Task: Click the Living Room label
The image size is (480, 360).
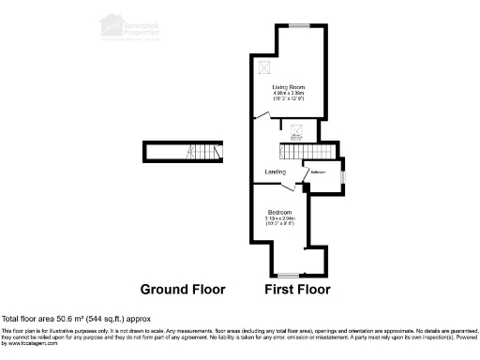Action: [289, 87]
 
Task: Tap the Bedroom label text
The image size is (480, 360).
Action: [279, 212]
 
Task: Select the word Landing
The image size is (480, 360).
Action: [276, 172]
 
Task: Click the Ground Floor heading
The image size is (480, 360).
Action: [182, 289]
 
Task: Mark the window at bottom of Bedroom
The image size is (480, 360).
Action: [288, 274]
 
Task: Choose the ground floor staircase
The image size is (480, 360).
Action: [197, 152]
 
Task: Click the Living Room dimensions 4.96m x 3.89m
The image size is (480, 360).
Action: [289, 94]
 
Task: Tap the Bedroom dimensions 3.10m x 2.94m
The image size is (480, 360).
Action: [279, 218]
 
